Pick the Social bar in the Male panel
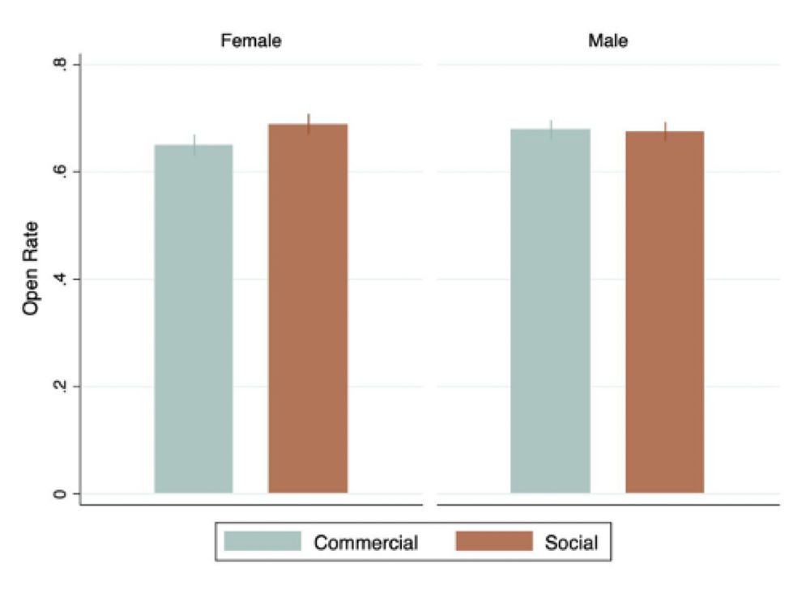(665, 312)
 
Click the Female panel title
(251, 41)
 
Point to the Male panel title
(607, 41)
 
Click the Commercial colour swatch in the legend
(262, 541)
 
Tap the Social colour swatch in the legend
(494, 541)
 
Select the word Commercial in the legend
(365, 542)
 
